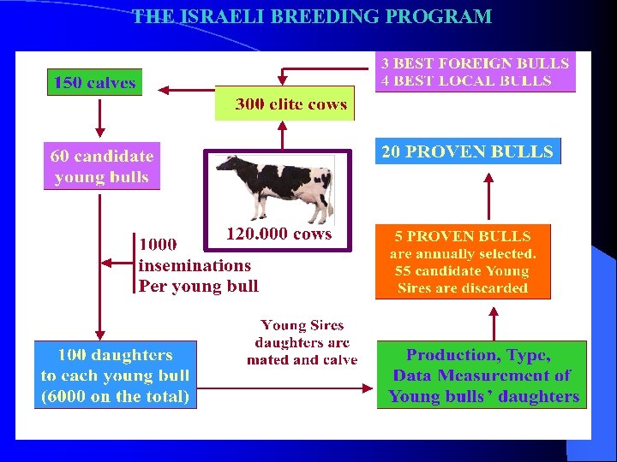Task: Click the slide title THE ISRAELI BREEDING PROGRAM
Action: tap(312, 17)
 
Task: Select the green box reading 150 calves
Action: tap(94, 82)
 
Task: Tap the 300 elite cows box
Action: tap(284, 104)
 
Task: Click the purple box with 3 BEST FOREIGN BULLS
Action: tap(476, 72)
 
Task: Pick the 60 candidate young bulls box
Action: tap(102, 166)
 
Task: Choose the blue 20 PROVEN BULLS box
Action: tap(468, 151)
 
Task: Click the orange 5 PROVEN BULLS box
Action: tap(463, 262)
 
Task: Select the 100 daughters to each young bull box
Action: tap(116, 375)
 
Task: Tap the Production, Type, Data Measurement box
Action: tap(482, 375)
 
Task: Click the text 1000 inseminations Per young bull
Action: tap(197, 265)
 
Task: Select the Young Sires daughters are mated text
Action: tap(302, 342)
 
